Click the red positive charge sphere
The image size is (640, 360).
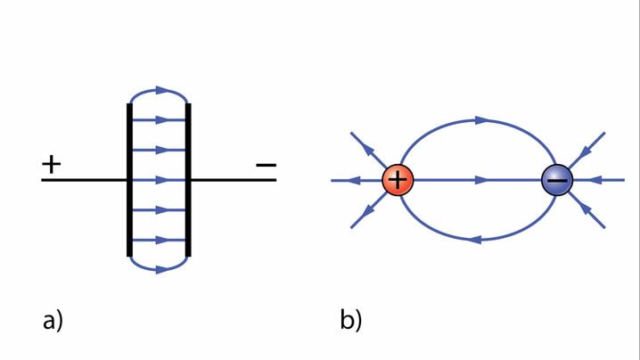click(x=398, y=180)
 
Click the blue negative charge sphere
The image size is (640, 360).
click(x=557, y=181)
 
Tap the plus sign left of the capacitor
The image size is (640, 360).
click(x=52, y=164)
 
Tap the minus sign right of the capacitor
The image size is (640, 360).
click(x=266, y=165)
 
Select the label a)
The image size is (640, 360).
click(x=53, y=320)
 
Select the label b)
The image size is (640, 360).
click(x=350, y=320)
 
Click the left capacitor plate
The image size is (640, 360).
click(x=130, y=180)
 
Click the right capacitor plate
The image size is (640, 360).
click(x=188, y=180)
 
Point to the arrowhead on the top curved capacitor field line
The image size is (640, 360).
click(x=160, y=90)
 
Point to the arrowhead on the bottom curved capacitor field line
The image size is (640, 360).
click(x=160, y=268)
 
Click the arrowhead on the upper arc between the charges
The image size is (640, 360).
click(x=481, y=119)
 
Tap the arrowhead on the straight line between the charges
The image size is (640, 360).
click(x=481, y=180)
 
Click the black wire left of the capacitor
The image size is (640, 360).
click(x=85, y=180)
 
